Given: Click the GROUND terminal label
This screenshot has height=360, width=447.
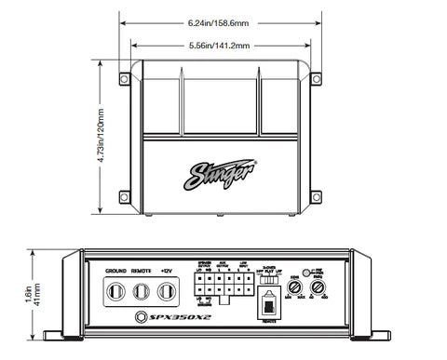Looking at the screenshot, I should pos(116,271).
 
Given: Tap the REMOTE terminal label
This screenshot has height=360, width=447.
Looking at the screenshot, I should pos(142,271).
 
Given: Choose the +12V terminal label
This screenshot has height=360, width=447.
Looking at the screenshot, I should pos(167,271).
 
